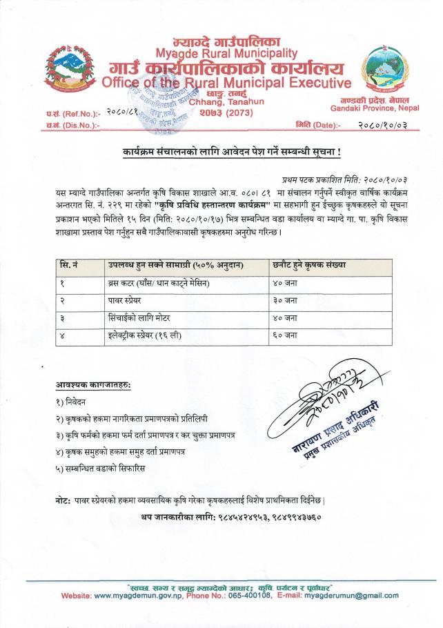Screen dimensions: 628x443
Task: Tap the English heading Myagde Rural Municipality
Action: click(226, 53)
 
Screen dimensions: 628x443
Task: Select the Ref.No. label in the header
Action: click(73, 112)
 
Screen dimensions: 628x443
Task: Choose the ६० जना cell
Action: click(284, 335)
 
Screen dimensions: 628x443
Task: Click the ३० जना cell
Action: click(284, 301)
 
